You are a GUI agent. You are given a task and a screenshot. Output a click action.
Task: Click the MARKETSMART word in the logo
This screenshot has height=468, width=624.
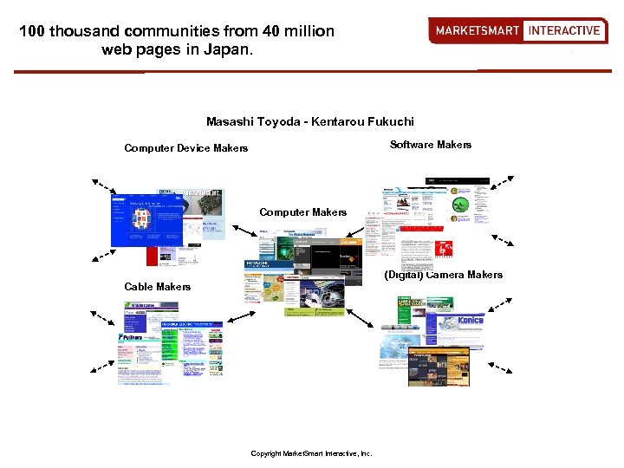tap(477, 30)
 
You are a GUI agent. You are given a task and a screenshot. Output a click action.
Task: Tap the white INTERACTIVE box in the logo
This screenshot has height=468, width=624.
tap(564, 30)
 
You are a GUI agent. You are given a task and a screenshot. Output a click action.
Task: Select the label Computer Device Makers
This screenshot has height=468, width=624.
tap(185, 148)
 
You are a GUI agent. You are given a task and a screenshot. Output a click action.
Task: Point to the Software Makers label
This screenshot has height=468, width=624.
tap(431, 145)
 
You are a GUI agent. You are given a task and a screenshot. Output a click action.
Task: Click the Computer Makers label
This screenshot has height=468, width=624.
tap(302, 212)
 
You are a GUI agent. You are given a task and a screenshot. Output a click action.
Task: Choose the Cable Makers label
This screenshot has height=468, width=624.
tap(157, 287)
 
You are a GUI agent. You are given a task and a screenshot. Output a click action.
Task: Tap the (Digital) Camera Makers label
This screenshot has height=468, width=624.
tap(443, 275)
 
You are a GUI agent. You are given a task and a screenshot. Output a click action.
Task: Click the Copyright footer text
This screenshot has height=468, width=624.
tap(310, 453)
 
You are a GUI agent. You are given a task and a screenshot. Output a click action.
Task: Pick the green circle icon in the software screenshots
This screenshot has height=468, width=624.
tap(460, 205)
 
